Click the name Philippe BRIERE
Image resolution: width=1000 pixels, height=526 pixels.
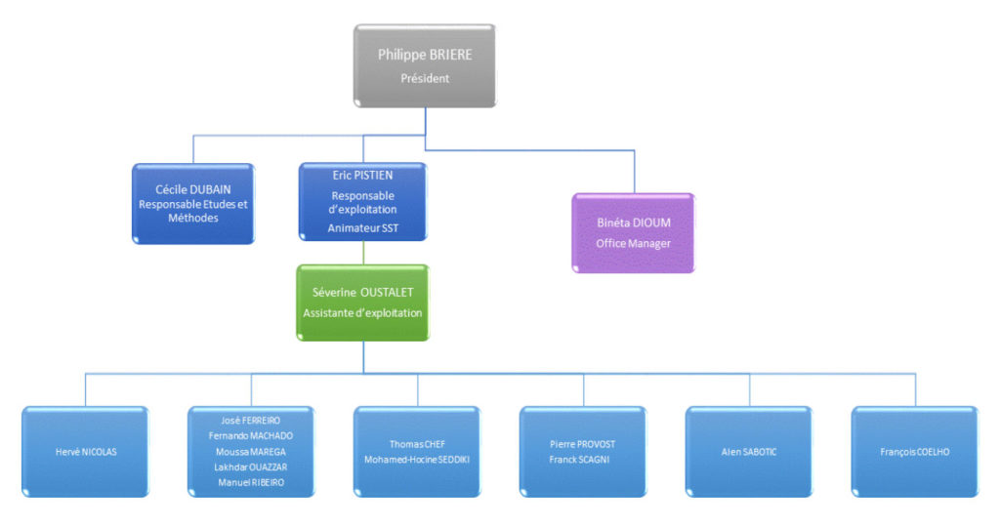click(425, 55)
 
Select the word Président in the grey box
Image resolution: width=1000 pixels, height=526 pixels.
click(425, 79)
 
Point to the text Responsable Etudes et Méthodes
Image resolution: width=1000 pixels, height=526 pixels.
click(192, 211)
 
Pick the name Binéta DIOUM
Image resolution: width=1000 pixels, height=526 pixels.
click(633, 223)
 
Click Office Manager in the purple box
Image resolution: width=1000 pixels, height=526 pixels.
click(633, 243)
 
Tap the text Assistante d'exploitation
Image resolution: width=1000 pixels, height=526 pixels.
click(362, 313)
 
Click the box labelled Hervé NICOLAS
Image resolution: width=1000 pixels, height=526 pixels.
click(85, 452)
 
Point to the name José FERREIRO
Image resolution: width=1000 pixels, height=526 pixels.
click(251, 421)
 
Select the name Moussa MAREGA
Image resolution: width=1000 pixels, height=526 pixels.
click(251, 452)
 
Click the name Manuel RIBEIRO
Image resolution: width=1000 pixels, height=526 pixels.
click(251, 483)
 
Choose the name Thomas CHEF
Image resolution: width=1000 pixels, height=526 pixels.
click(417, 444)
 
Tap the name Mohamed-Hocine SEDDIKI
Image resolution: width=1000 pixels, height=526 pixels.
click(417, 460)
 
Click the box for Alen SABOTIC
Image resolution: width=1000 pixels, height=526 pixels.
click(749, 452)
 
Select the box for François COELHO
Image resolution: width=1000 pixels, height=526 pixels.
click(914, 452)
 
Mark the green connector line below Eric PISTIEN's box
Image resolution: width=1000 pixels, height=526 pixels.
click(363, 253)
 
